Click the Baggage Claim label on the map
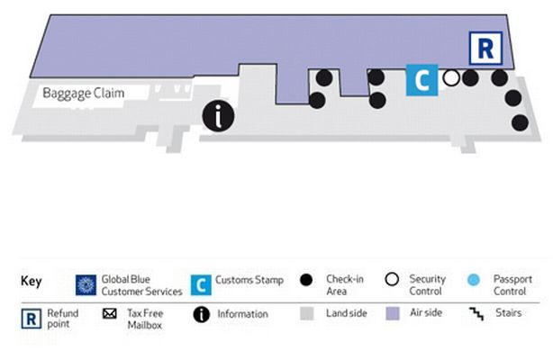click(83, 94)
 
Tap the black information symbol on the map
click(218, 116)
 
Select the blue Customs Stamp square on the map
click(422, 80)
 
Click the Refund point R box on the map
click(485, 49)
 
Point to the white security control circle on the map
click(451, 78)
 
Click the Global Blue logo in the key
click(86, 285)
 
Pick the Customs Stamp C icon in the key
click(201, 285)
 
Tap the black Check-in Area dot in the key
click(306, 280)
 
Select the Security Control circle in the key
click(392, 279)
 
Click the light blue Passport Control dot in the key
click(474, 280)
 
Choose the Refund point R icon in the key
click(31, 319)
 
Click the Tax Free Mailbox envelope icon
click(110, 313)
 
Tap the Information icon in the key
click(202, 314)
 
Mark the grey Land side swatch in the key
click(307, 313)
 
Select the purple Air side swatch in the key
click(393, 313)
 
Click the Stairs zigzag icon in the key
click(476, 313)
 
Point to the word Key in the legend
click(32, 282)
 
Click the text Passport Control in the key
click(512, 285)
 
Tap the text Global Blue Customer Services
click(141, 285)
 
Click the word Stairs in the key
click(509, 313)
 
